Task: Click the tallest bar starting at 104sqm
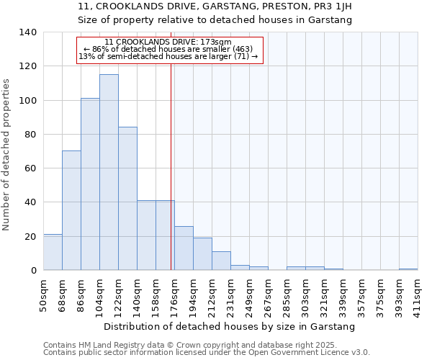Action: click(109, 173)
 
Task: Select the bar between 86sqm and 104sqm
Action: click(90, 184)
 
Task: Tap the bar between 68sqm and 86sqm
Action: click(71, 210)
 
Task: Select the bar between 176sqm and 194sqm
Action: click(184, 249)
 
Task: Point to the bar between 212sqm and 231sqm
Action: click(221, 261)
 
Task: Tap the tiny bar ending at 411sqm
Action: click(408, 269)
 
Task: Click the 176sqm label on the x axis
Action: click(174, 297)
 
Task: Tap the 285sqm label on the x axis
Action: click(287, 297)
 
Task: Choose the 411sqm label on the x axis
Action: click(418, 297)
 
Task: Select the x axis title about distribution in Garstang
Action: click(229, 326)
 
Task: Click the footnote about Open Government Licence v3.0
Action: click(206, 353)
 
